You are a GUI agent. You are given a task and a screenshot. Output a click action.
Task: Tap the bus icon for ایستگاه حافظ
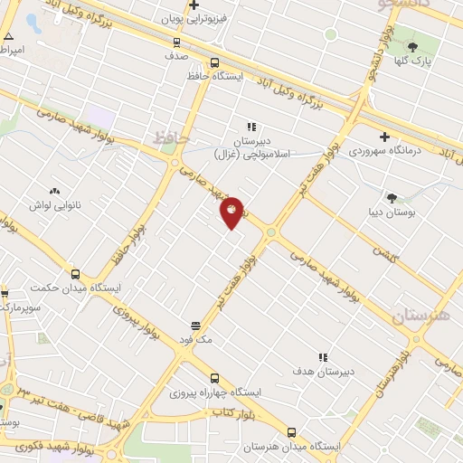pos(214,62)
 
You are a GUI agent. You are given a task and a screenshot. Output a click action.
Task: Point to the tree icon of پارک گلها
pos(412,46)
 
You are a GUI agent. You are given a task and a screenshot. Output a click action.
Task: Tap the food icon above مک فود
pos(195,326)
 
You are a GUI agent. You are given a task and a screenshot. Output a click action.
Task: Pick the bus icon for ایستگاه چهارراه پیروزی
pos(214,378)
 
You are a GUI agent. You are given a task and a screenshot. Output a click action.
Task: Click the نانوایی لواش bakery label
pos(56,205)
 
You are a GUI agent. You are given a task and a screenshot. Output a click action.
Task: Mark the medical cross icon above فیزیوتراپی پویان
pos(194,5)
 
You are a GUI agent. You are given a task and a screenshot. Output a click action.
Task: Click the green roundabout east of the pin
pos(271,233)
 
